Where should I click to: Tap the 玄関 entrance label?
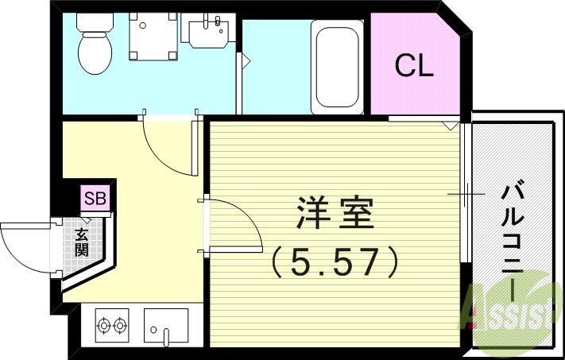[x=82, y=242]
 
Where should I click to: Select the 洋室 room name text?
[x=335, y=214]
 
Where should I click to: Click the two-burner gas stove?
[x=112, y=325]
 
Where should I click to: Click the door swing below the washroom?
[x=167, y=147]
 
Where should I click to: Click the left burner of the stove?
[x=103, y=325]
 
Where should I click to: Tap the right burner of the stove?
[x=121, y=325]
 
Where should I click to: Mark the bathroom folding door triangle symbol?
[x=246, y=60]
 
